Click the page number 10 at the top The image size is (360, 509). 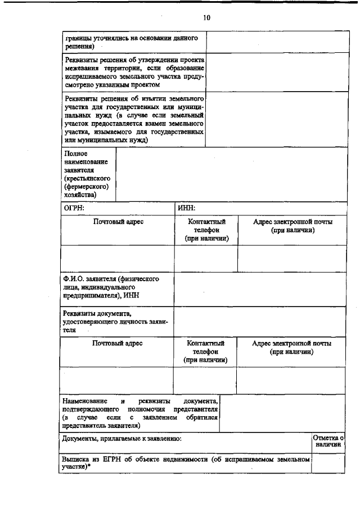[206, 18]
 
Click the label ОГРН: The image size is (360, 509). [74, 209]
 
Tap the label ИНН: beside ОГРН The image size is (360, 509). [186, 209]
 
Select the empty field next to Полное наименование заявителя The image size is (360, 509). [231, 174]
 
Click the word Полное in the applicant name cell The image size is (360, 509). [75, 152]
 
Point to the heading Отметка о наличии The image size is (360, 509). [327, 440]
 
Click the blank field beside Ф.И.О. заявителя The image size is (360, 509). [259, 287]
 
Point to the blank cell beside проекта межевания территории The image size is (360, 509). [275, 71]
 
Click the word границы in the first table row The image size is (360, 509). [77, 38]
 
